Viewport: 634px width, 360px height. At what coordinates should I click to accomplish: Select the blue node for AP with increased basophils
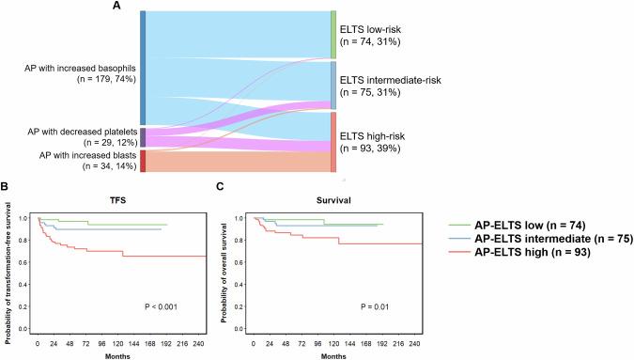coord(142,68)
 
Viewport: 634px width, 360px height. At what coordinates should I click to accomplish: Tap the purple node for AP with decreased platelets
coord(142,137)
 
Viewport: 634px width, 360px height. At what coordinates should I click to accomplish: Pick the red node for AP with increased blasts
coord(142,161)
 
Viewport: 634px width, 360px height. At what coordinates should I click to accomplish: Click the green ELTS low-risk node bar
coord(332,36)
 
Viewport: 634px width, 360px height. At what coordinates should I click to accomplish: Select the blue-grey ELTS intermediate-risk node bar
coord(332,85)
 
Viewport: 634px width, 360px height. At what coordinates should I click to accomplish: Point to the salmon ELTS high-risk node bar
coord(332,141)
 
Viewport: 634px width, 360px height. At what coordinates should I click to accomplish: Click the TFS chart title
coord(119,201)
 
